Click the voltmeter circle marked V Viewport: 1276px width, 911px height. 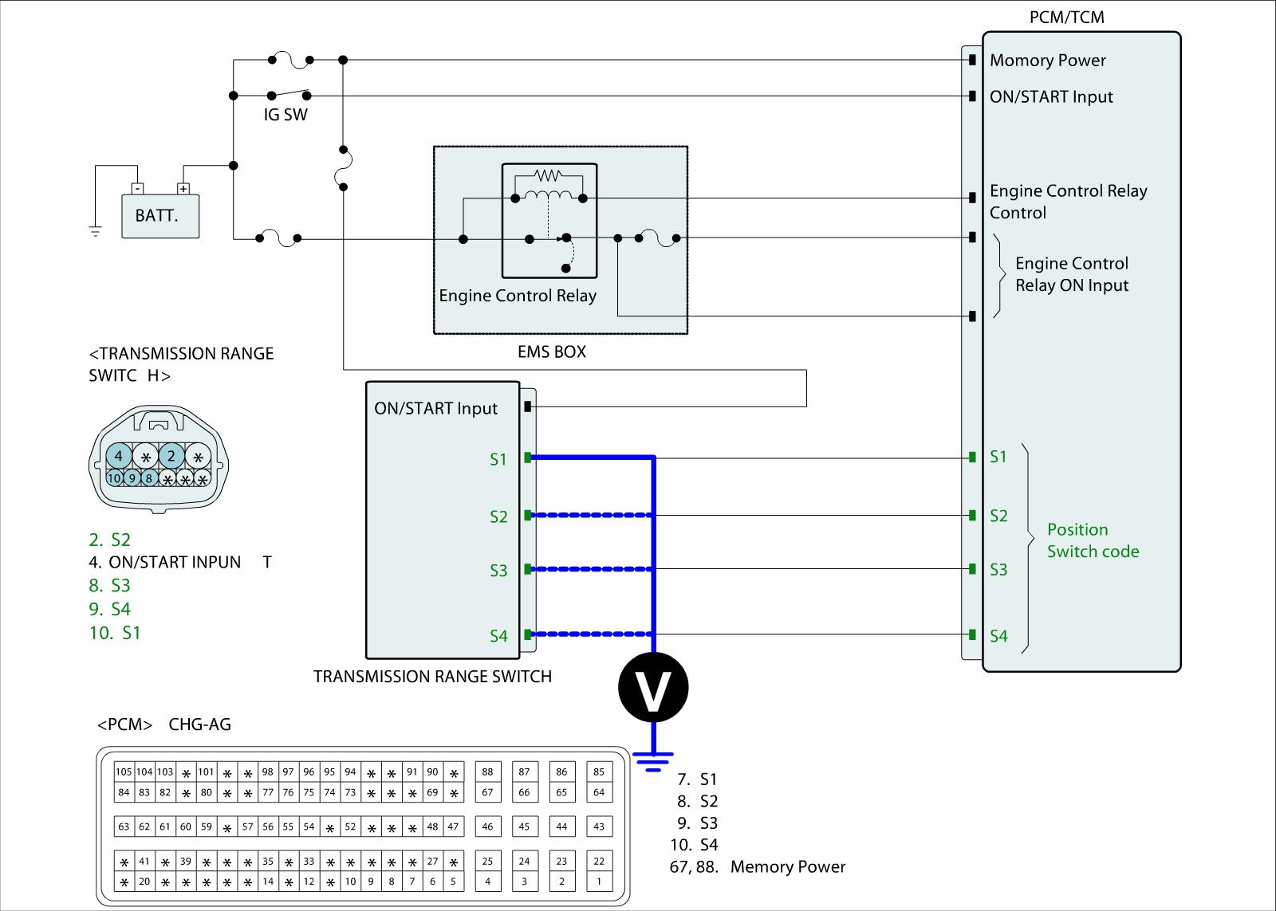pos(653,687)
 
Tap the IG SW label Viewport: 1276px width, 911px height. pos(286,115)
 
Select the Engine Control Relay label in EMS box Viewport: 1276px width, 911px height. pos(518,296)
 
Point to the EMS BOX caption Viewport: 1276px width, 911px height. pos(552,351)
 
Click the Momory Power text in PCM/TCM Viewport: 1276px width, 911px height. pos(1047,61)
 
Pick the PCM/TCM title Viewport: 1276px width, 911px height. pos(1066,18)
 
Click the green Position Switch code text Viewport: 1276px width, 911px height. pos(1093,540)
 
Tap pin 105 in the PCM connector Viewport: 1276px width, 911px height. pos(124,772)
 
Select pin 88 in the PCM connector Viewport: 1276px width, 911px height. pos(487,772)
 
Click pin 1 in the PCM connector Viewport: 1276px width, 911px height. pos(599,882)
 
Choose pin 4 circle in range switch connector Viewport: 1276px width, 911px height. pos(119,457)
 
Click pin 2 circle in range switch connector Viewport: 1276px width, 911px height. pos(171,457)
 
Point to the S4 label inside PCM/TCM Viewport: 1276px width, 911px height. pos(998,636)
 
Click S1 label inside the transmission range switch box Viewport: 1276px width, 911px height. pos(498,459)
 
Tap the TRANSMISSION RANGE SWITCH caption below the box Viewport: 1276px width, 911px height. pos(432,677)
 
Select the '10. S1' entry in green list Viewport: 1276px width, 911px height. pos(115,633)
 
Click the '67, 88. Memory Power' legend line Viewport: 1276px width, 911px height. pos(758,867)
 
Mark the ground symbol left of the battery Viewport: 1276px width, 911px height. pos(96,232)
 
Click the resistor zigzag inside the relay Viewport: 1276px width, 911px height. pos(548,175)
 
